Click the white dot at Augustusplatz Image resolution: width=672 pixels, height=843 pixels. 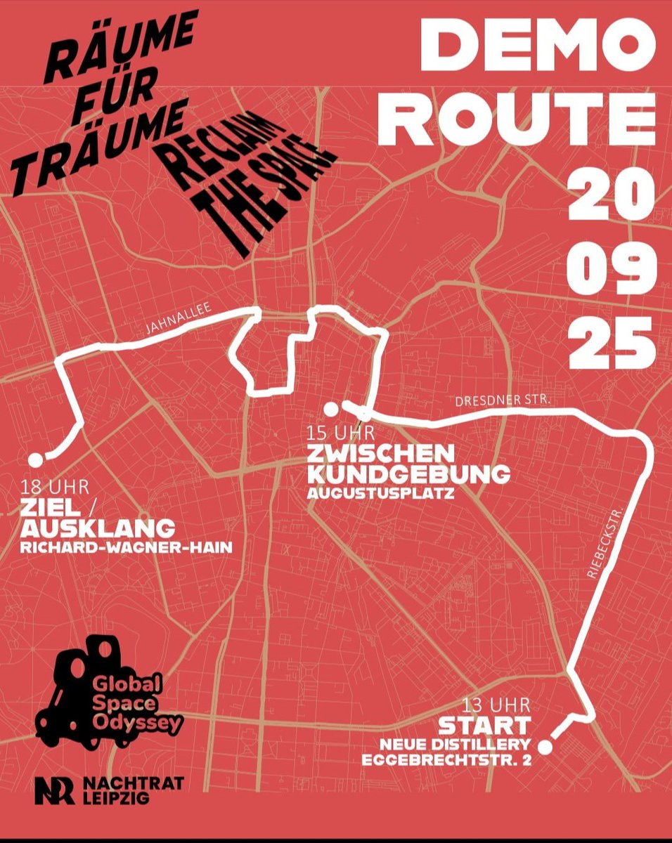tap(329, 408)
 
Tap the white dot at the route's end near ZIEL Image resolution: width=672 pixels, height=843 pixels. tap(35, 459)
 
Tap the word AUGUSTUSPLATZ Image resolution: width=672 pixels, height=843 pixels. tap(380, 494)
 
